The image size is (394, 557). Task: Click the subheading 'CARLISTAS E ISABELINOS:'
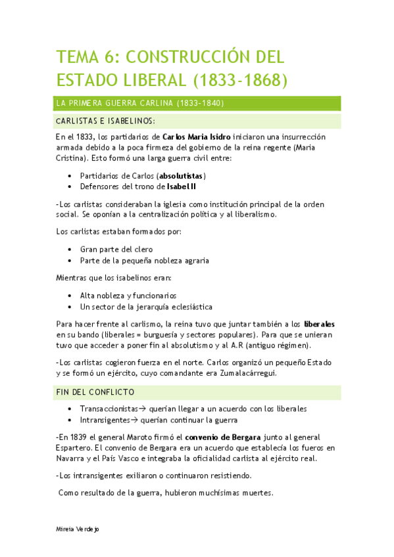point(106,122)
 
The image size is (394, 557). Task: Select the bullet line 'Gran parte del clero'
point(116,250)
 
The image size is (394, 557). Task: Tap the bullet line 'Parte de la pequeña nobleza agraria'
point(145,260)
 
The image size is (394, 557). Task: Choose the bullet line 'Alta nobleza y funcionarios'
point(128,296)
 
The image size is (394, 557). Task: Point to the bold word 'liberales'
point(320,324)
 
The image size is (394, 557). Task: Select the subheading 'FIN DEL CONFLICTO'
point(95,392)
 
